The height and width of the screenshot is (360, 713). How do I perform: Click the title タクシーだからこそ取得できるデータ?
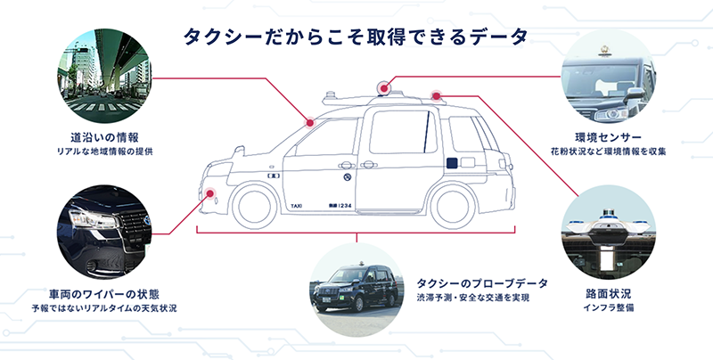356,37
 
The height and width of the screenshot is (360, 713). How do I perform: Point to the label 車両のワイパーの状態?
105,293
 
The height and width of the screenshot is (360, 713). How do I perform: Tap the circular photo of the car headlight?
104,230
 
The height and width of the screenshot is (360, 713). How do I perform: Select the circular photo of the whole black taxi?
356,284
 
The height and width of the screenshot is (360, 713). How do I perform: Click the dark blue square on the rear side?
454,163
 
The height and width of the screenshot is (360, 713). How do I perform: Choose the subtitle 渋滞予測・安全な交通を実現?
473,298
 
